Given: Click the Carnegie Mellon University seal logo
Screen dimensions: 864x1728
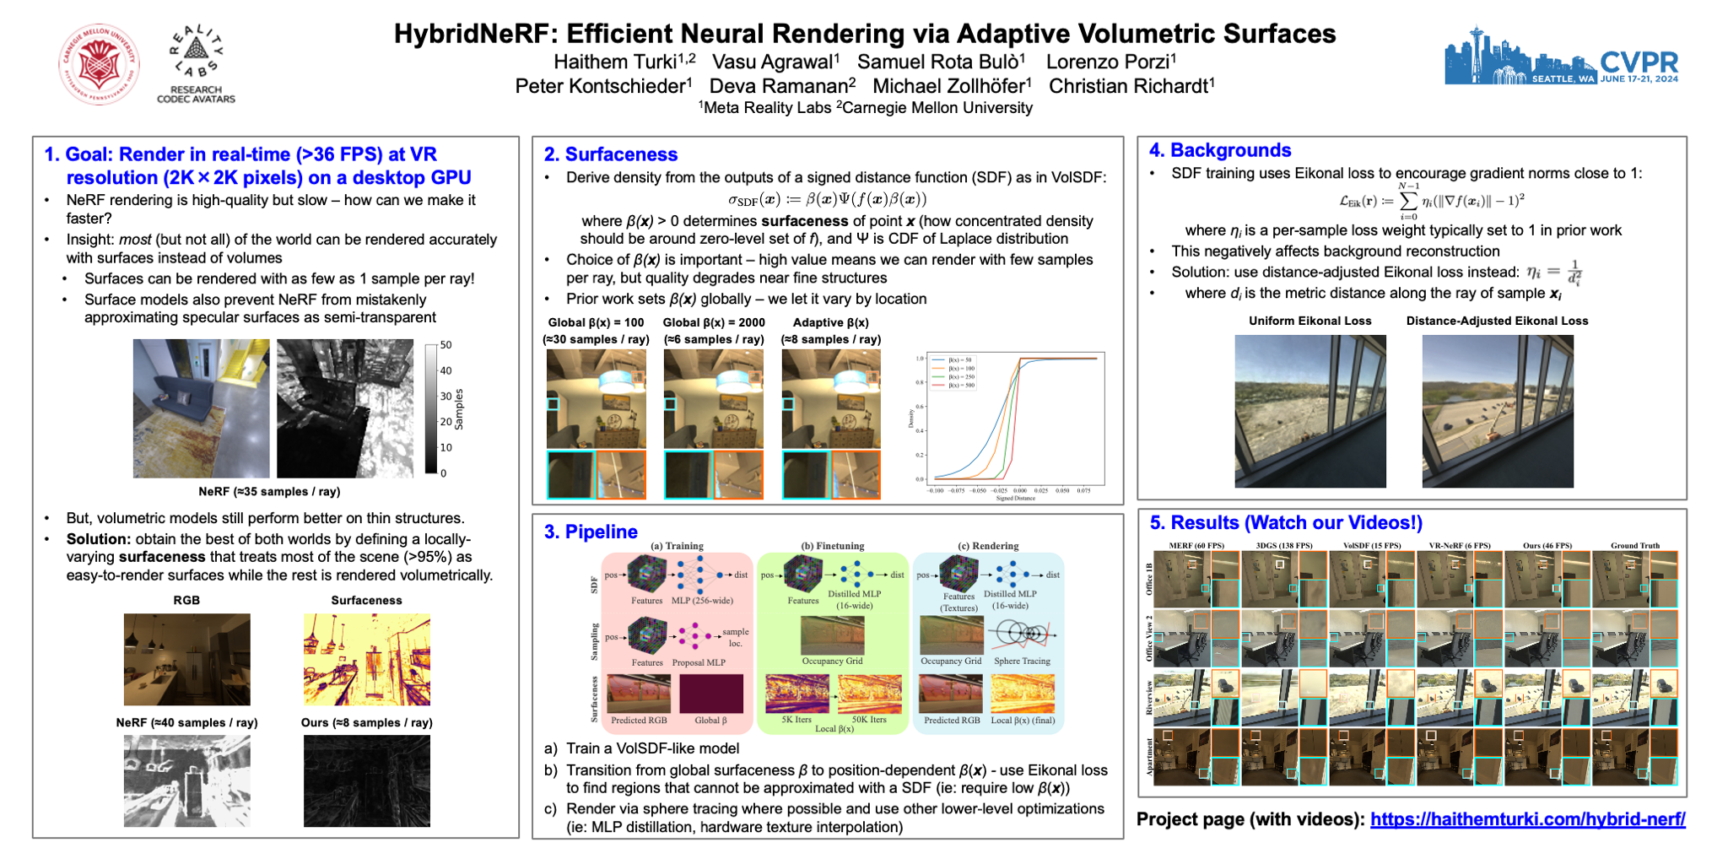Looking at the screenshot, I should point(99,64).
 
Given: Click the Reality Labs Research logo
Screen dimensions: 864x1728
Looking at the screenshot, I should point(196,64).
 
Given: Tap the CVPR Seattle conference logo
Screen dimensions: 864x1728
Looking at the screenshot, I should point(1561,57).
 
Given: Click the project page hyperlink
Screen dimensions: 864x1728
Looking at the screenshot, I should point(1527,819).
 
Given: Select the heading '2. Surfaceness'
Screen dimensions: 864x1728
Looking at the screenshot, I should point(611,154).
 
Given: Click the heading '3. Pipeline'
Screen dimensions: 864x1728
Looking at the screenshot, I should point(591,532).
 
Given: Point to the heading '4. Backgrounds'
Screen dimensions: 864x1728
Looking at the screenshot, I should point(1220,150).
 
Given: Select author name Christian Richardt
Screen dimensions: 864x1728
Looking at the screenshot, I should point(1128,86).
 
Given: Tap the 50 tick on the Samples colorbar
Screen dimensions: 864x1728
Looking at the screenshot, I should point(445,345).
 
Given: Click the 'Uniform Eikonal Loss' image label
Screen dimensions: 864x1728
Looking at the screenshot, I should point(1309,321).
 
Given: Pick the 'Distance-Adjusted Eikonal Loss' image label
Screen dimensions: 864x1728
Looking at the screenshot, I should point(1497,321).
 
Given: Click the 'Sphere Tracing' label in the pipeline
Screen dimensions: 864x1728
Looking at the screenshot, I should point(1022,661).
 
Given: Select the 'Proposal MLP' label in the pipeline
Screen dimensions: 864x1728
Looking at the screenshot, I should point(699,662).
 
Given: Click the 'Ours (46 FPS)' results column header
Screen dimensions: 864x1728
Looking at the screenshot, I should point(1547,545).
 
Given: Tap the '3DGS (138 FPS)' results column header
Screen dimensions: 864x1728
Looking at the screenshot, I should point(1284,545).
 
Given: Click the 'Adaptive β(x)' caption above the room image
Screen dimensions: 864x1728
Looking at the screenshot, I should point(830,322).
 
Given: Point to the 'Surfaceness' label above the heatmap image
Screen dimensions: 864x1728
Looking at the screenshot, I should point(366,600).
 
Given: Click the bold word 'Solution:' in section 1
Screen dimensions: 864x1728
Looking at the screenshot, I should point(99,539).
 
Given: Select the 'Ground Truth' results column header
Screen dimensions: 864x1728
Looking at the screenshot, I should point(1634,545).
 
